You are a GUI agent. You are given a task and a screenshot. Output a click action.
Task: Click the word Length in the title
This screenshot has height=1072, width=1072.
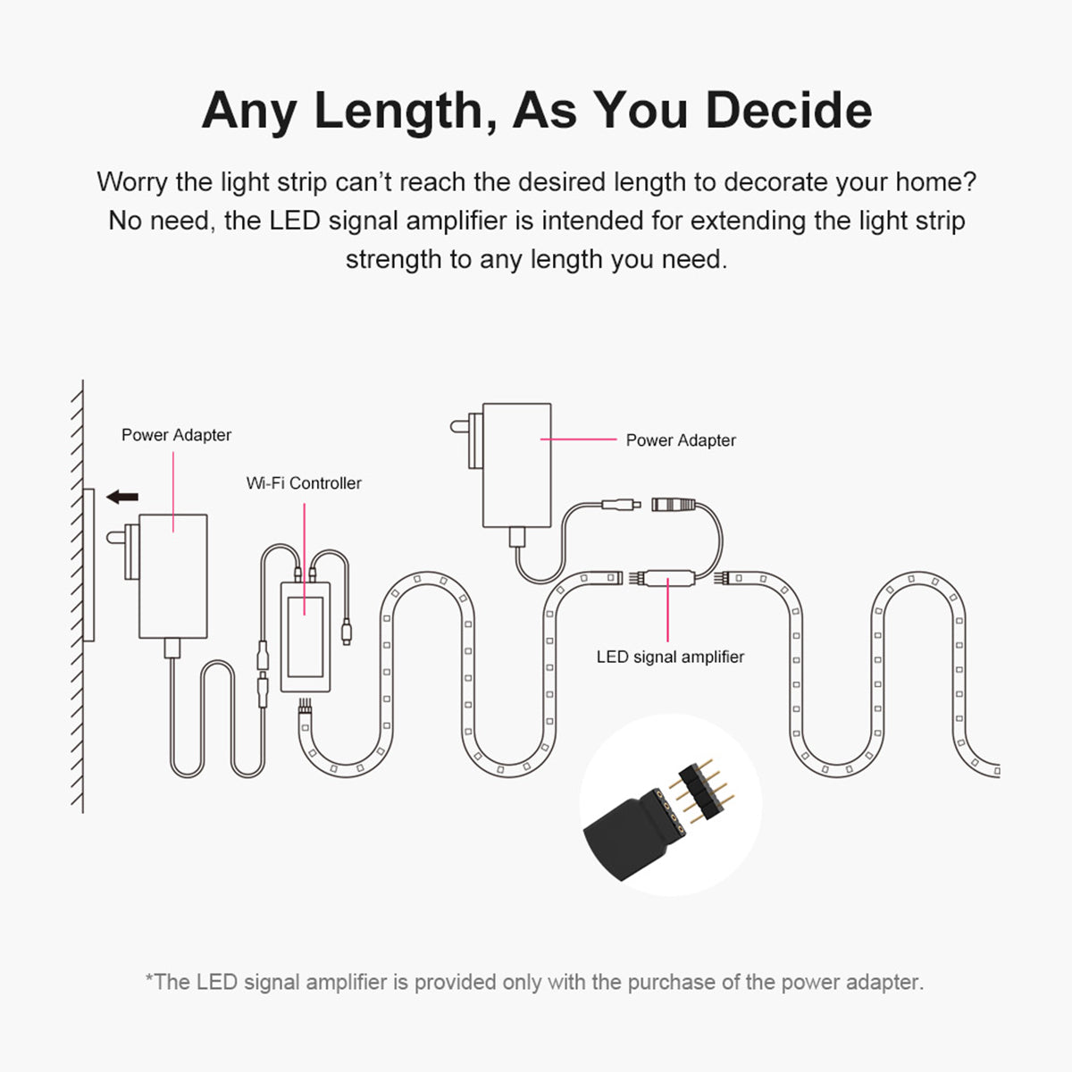click(x=398, y=111)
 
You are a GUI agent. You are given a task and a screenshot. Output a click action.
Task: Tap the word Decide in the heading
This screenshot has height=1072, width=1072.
click(x=789, y=111)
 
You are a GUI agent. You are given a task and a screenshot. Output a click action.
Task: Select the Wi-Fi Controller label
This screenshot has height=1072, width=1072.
click(x=304, y=483)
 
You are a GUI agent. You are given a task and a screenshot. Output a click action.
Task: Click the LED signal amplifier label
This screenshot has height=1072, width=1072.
click(x=670, y=657)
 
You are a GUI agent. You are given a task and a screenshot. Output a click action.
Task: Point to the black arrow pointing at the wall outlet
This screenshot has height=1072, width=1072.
click(x=121, y=496)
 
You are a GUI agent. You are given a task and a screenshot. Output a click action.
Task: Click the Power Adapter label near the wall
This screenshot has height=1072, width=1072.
click(x=176, y=435)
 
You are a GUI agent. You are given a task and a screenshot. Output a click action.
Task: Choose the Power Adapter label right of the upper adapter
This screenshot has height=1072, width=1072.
click(x=681, y=440)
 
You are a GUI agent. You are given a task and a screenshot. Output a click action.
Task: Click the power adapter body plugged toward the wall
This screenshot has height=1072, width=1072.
click(x=173, y=575)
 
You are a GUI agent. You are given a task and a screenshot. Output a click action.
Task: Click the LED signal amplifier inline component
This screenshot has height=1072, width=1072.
click(x=670, y=577)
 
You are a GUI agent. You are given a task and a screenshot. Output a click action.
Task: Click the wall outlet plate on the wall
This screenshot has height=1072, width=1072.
click(x=88, y=565)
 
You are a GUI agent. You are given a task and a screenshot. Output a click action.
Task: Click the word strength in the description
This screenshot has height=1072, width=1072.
click(x=395, y=260)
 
